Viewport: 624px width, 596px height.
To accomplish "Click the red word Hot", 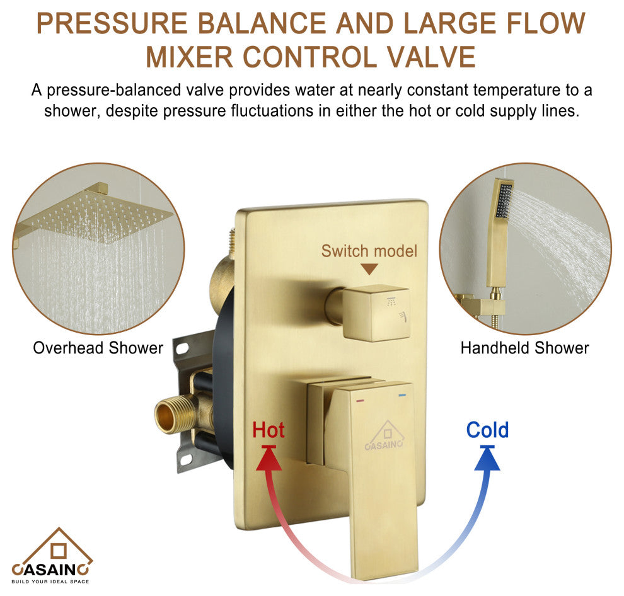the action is point(269,430).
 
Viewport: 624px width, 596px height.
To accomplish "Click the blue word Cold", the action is point(487,430).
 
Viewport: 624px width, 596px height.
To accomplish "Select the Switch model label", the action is point(369,251).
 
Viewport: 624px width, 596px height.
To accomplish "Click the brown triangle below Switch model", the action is point(369,269).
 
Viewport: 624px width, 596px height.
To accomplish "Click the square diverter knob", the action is point(376,312).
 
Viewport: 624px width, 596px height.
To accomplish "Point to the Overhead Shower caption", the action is point(98,348).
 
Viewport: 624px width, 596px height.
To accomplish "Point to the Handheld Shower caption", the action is point(524,348).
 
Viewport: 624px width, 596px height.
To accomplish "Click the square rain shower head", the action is point(98,215).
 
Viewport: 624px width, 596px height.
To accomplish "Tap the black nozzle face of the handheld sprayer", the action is point(504,201).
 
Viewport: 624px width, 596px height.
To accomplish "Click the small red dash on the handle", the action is point(361,400).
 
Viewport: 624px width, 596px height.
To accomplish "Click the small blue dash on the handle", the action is point(402,396).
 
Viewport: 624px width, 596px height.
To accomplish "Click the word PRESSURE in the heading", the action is point(112,23).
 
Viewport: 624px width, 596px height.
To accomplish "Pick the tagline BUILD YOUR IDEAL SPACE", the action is point(50,582).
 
